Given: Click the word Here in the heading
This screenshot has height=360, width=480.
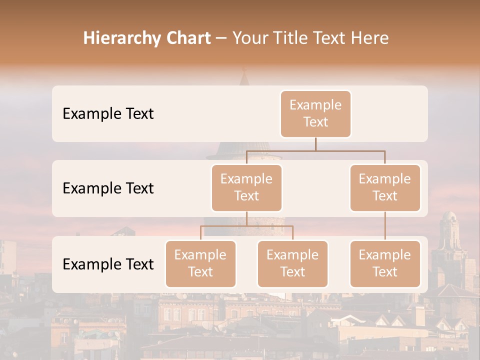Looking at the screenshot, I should (x=369, y=38).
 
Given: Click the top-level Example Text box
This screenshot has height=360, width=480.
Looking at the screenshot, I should (x=315, y=113).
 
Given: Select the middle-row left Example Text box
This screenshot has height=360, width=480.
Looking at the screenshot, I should (x=246, y=187).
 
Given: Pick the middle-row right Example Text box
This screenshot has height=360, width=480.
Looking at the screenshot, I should (x=385, y=187).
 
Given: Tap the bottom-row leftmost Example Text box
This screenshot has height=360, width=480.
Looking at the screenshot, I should (x=200, y=263).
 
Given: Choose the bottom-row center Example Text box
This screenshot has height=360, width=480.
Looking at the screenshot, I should (x=292, y=263).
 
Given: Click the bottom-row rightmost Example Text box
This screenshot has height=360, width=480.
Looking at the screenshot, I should (x=385, y=263).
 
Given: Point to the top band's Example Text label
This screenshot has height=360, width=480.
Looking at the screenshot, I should (x=108, y=114).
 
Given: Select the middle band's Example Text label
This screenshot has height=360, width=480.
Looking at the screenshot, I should (x=108, y=188).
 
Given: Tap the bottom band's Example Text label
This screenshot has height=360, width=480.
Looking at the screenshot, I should (x=108, y=264).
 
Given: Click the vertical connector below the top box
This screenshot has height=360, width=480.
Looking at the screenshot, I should (x=315, y=144).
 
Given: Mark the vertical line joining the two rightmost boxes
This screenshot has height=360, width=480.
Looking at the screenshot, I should (x=385, y=226).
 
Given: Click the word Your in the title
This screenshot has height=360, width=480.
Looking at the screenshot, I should (x=248, y=38).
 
